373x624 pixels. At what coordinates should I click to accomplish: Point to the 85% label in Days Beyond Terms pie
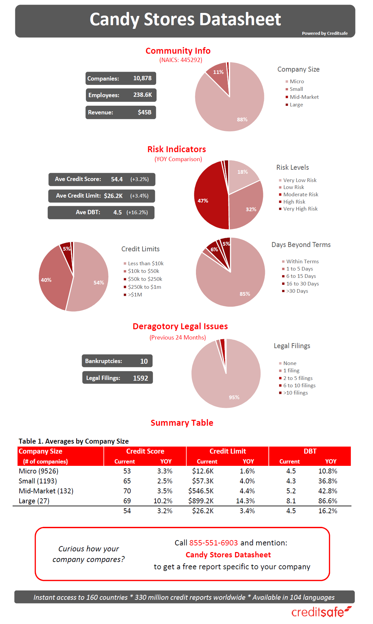click(245, 294)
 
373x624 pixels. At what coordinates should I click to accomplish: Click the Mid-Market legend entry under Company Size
click(304, 97)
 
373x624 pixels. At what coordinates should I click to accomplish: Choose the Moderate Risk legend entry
click(300, 195)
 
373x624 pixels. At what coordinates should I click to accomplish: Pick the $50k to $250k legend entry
click(145, 279)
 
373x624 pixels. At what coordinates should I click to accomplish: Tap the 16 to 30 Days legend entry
click(302, 284)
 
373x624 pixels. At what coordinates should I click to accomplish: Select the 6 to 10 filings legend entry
click(299, 386)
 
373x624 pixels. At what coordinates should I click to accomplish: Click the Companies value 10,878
click(142, 78)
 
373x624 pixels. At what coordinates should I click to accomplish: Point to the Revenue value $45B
click(145, 112)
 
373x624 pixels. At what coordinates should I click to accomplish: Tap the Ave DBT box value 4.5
click(117, 213)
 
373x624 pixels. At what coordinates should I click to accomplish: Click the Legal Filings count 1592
click(140, 378)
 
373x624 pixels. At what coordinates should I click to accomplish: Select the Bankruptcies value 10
click(144, 361)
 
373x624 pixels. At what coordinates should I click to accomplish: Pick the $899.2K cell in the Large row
click(201, 501)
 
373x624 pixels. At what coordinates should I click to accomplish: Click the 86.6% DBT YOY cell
click(328, 501)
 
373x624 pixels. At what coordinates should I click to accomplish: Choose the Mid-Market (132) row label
click(46, 491)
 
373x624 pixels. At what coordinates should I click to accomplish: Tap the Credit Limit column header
click(227, 451)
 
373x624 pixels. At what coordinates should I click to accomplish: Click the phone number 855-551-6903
click(214, 543)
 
